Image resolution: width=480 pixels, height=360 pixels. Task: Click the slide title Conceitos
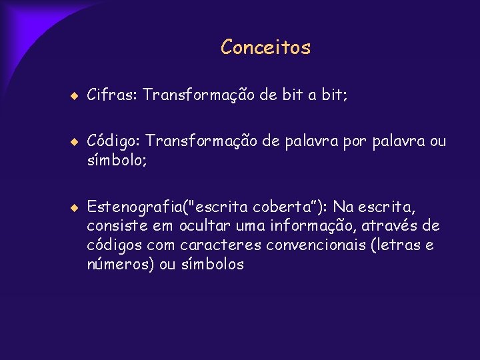pos(265,47)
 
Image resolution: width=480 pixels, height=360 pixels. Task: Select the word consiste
pos(114,227)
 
